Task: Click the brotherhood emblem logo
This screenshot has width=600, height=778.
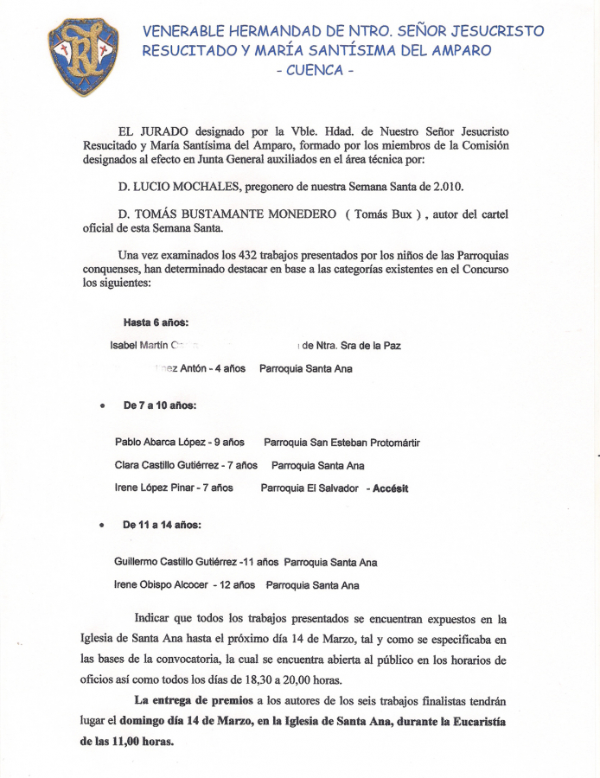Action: coord(83,56)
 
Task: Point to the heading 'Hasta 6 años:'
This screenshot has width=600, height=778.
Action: coord(156,322)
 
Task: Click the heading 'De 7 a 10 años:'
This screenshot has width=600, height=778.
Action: coord(159,405)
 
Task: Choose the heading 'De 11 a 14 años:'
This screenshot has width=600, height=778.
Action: coord(163,524)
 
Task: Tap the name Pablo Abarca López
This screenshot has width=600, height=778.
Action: coord(160,443)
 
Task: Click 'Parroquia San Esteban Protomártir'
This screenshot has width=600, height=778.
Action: coord(341,443)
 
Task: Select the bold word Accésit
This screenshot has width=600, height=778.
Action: coord(390,488)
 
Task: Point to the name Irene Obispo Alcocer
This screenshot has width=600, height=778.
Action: coord(161,585)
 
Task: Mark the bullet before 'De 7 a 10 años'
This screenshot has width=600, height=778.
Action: coord(102,405)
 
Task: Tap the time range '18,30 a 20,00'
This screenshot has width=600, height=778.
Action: coord(277,679)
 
